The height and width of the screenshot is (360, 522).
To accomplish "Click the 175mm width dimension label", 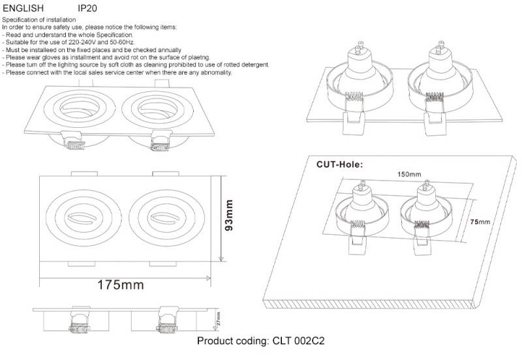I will (120, 285).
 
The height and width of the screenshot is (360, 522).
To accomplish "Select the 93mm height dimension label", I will (229, 218).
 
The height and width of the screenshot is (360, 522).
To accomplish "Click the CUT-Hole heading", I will (339, 164).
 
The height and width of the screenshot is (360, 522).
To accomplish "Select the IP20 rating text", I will (87, 8).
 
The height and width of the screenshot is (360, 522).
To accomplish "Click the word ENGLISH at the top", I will (23, 8).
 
